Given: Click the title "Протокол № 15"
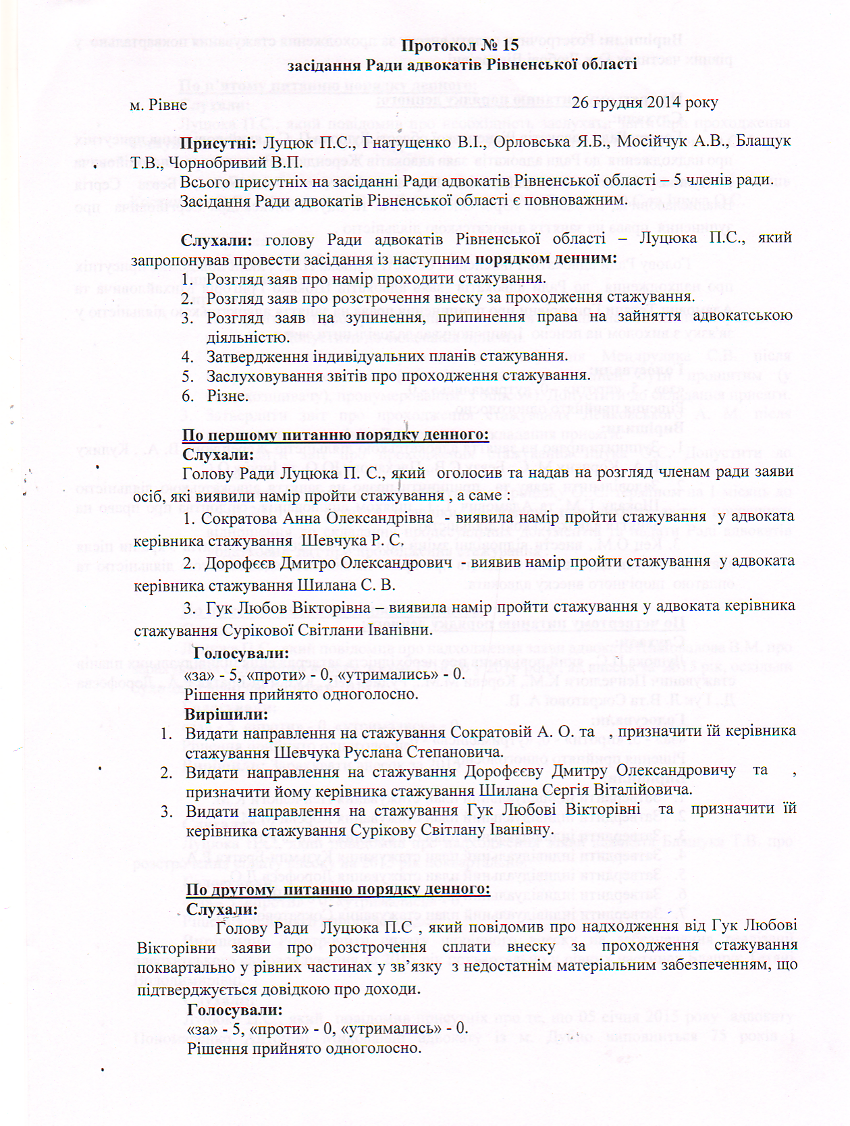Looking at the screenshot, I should tap(460, 45).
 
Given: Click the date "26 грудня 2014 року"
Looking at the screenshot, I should tap(645, 103).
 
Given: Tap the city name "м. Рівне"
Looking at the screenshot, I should tap(159, 105).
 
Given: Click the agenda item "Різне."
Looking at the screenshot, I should tap(226, 396).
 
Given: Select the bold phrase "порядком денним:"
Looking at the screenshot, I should tap(546, 259).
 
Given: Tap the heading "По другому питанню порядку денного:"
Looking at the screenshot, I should tap(338, 888).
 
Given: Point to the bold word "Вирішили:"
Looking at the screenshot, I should tap(226, 713).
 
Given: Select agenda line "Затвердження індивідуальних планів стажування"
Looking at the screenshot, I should tap(386, 356).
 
